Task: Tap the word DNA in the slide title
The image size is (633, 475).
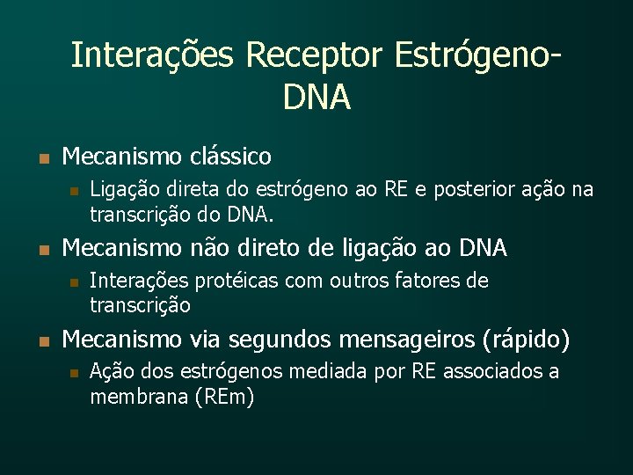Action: coord(316,98)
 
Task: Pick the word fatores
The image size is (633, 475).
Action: coord(426,281)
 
